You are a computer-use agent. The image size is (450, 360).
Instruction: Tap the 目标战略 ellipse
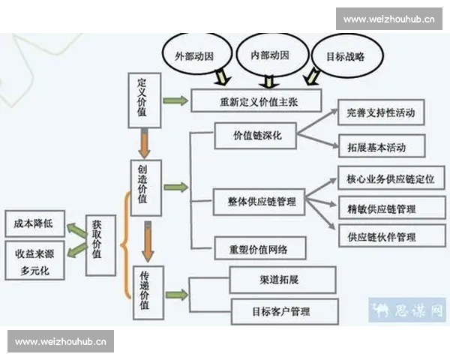click(346, 55)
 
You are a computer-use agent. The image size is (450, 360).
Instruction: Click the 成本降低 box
click(34, 224)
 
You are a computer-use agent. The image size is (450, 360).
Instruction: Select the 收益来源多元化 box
click(34, 260)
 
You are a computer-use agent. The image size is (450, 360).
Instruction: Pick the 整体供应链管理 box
click(259, 202)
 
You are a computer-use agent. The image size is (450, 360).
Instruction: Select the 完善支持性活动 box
click(381, 113)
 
